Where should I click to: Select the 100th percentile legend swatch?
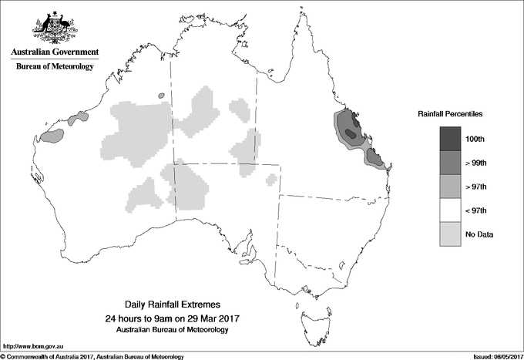click(450, 140)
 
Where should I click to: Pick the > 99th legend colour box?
click(450, 163)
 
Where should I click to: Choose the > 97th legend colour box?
click(450, 187)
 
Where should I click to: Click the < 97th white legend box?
click(450, 210)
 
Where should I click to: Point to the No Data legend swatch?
click(450, 234)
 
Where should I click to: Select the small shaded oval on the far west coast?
click(52, 136)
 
